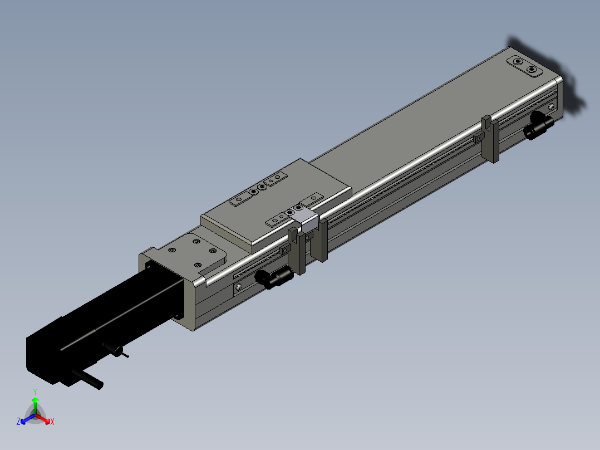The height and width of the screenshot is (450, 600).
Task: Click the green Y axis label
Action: click(35, 392)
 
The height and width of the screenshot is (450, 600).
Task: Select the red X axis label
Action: click(52, 422)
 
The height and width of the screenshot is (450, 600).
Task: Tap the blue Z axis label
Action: click(18, 422)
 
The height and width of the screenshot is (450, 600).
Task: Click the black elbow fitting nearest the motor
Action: click(274, 278)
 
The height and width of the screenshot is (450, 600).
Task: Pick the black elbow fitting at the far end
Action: click(539, 126)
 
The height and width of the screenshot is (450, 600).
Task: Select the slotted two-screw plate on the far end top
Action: click(525, 66)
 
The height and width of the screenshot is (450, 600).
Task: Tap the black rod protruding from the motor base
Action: click(87, 379)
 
